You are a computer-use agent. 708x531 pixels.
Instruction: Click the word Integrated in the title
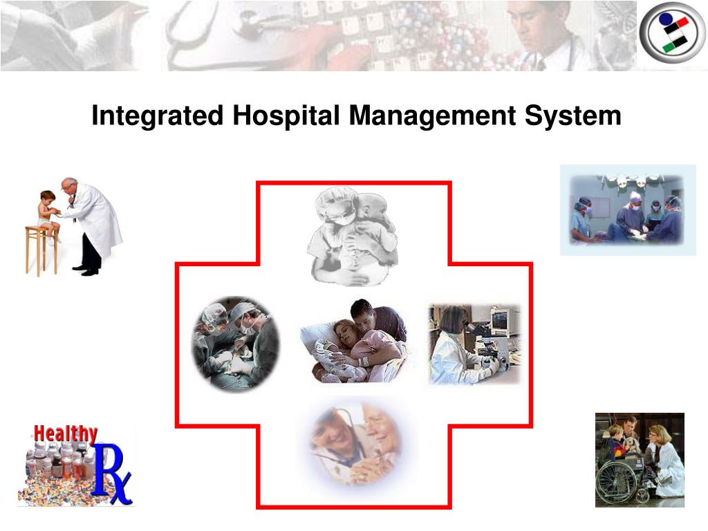tap(157, 116)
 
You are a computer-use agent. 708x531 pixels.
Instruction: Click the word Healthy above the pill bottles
tap(66, 434)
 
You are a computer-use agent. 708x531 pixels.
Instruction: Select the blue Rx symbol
tap(111, 474)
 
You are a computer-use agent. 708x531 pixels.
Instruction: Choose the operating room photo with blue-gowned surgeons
tap(627, 209)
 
